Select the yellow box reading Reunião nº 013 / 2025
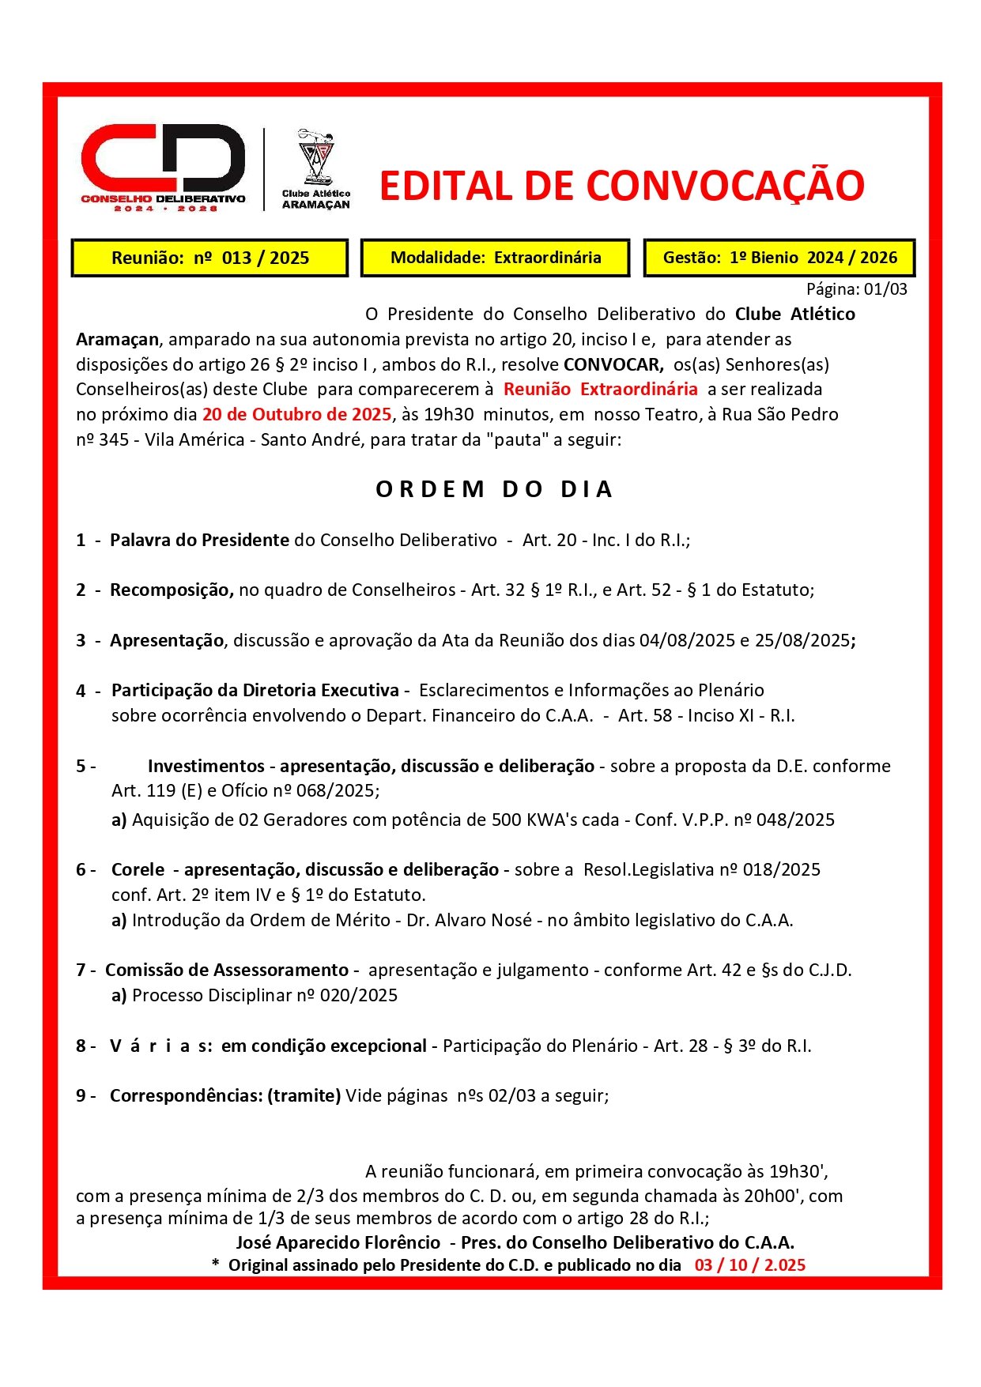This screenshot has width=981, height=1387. (x=209, y=258)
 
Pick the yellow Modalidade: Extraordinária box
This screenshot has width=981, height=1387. (x=496, y=258)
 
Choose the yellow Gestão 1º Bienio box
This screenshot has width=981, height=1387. (x=779, y=258)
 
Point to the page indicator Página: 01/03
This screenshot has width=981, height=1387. (x=856, y=289)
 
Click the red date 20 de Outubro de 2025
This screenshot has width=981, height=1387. (x=296, y=415)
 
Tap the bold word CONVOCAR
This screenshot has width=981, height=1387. (x=613, y=364)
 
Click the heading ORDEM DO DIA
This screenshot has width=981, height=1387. (x=494, y=489)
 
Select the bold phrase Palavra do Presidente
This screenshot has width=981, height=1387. (x=199, y=541)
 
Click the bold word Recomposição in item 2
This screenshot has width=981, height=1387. (x=171, y=590)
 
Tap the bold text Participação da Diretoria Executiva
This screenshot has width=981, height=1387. (x=255, y=691)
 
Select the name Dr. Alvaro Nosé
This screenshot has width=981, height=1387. (x=469, y=921)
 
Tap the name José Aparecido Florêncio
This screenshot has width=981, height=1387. (x=338, y=1243)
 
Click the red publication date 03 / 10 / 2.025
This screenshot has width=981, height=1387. (x=749, y=1265)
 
